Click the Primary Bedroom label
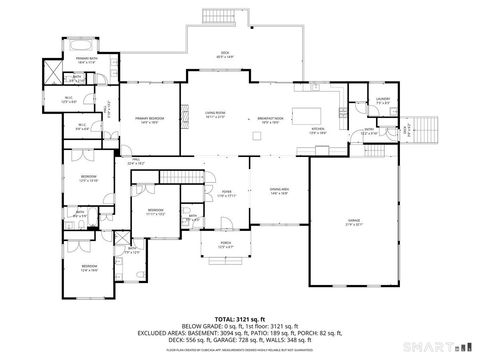tap(149, 118)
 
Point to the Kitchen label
tap(318, 130)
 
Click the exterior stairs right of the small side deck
tap(427, 129)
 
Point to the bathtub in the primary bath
tap(82, 46)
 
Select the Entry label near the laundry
tap(368, 130)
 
